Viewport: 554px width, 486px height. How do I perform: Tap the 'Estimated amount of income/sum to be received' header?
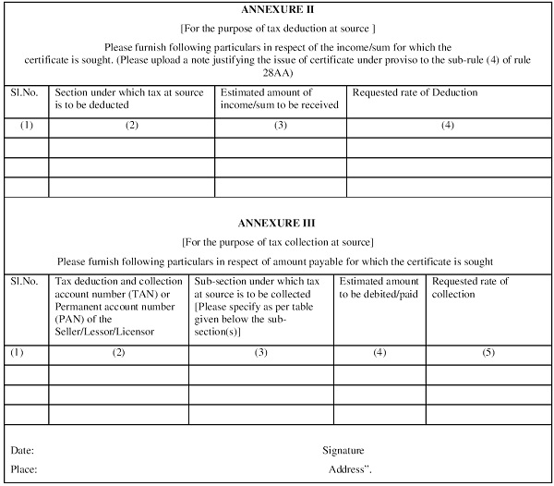point(279,98)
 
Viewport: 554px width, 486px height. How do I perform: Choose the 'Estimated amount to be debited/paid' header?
point(379,287)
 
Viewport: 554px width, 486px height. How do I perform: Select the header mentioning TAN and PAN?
point(118,306)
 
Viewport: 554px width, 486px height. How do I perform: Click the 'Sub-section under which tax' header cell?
point(259,306)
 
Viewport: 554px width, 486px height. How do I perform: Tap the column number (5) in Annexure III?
point(488,352)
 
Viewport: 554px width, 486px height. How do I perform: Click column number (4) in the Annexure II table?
point(447,125)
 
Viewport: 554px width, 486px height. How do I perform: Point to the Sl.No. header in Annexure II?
point(25,92)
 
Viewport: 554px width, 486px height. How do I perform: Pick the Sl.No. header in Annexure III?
point(25,281)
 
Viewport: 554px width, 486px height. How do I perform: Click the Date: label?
point(23,450)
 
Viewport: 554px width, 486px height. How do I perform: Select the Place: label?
point(24,469)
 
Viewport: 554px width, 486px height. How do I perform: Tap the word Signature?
point(343,450)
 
